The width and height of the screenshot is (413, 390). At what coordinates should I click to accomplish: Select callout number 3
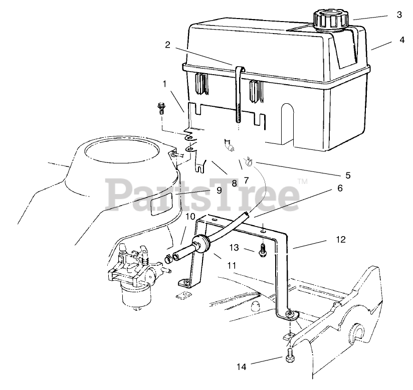coord(399,15)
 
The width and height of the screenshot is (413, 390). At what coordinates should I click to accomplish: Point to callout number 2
coord(167,45)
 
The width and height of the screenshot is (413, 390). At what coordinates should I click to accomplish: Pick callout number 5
coord(348,175)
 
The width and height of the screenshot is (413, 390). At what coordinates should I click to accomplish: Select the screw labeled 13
coord(263,250)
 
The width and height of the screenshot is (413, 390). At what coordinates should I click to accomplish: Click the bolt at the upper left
coord(161,106)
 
